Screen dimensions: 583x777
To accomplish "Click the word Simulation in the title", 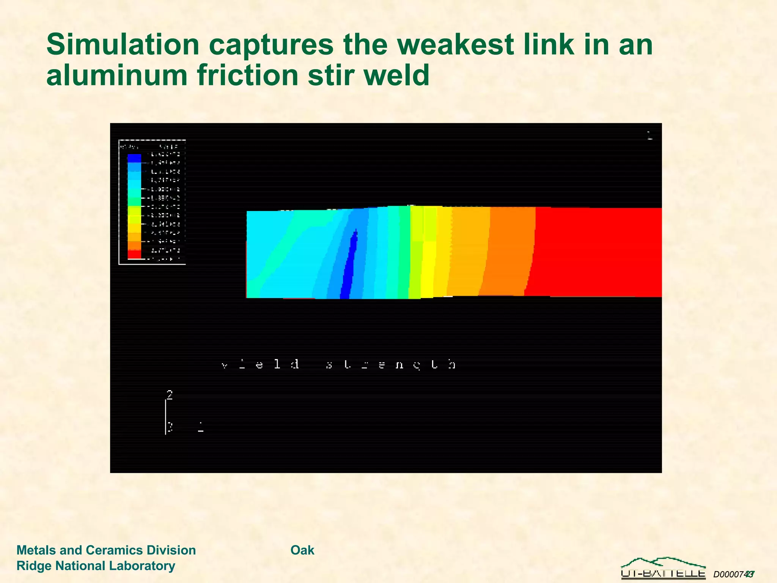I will pos(123,45).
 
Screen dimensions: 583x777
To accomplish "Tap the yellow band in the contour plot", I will pos(429,266).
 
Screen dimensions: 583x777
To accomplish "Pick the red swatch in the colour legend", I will pos(134,254).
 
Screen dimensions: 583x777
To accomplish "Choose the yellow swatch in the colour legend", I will pos(134,219).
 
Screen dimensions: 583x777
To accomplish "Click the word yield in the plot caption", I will pos(260,364).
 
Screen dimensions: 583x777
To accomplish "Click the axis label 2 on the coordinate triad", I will pos(170,395).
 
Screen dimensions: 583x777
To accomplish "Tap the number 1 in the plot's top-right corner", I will pos(650,136).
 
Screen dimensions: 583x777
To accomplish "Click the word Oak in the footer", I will pos(302,550).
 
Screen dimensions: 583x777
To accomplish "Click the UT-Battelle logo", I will pos(663,569).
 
